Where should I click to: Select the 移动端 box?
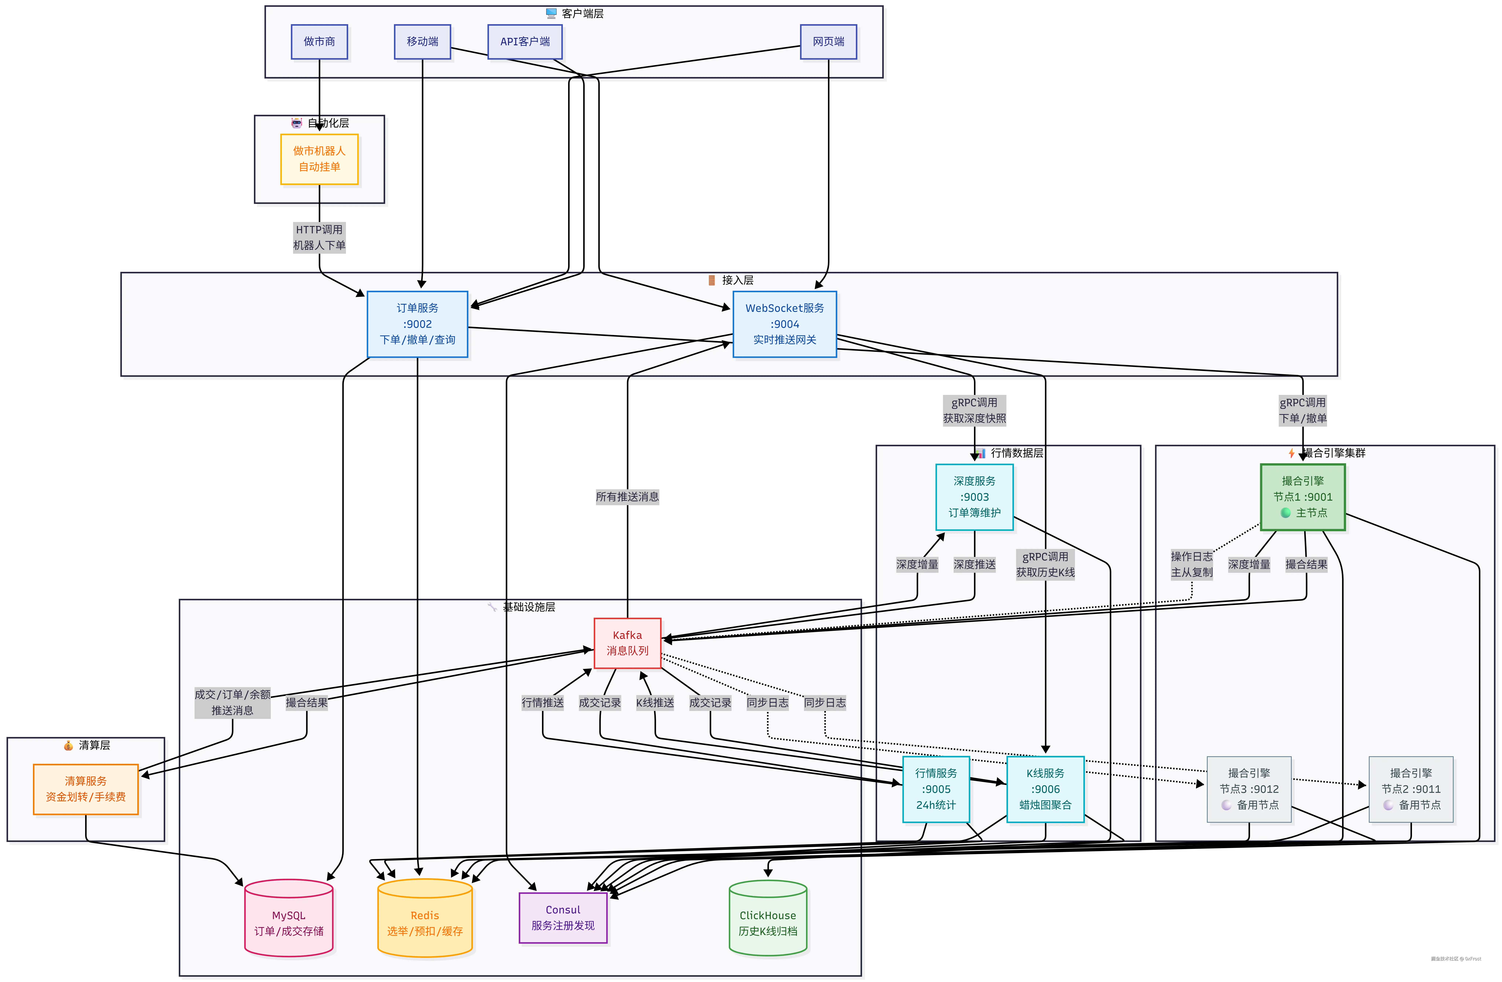422,42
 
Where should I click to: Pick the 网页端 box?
828,42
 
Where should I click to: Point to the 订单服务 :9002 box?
417,324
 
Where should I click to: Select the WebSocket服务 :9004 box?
784,324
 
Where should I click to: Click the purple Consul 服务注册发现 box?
563,918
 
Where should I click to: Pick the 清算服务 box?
86,789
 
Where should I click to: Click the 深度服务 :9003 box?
974,497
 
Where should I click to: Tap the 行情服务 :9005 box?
936,789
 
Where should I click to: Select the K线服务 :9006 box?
1045,789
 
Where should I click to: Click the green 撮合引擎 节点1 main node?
1303,497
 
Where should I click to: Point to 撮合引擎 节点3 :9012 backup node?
1249,789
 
